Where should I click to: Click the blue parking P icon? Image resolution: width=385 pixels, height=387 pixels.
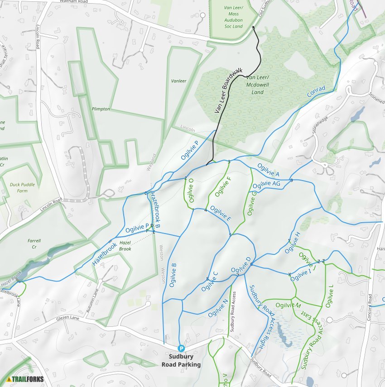coord(181,348)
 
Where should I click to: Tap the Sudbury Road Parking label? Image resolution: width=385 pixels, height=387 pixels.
coord(181,360)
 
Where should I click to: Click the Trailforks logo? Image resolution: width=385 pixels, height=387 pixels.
coord(25,379)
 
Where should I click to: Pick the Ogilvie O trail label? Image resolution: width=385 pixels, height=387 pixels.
coord(191,191)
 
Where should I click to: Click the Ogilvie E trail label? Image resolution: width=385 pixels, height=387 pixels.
coord(221,213)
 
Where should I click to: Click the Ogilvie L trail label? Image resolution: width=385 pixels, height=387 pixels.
coord(329,296)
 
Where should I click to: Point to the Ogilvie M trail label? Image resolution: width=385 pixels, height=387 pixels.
coord(288,306)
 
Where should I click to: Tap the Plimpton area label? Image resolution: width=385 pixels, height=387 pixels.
coord(101,109)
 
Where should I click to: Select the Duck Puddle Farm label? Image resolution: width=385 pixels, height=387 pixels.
coord(19,187)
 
